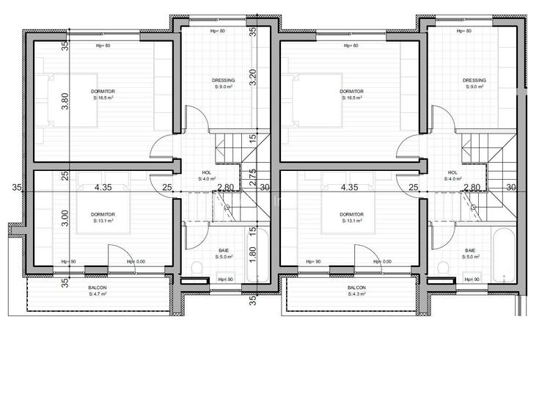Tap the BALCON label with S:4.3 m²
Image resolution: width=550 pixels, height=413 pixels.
[x=358, y=291]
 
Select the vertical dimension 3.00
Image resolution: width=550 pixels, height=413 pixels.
[x=65, y=218]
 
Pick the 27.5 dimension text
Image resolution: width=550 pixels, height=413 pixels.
[x=252, y=175]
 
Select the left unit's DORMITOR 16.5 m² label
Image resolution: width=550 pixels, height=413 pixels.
[x=103, y=94]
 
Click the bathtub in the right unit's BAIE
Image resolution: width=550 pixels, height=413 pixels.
[x=505, y=257]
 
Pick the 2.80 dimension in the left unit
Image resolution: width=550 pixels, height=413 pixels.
[x=226, y=188]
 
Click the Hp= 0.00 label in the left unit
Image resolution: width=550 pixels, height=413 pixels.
[x=136, y=262]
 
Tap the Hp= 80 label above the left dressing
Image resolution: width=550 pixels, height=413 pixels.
[x=218, y=31]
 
